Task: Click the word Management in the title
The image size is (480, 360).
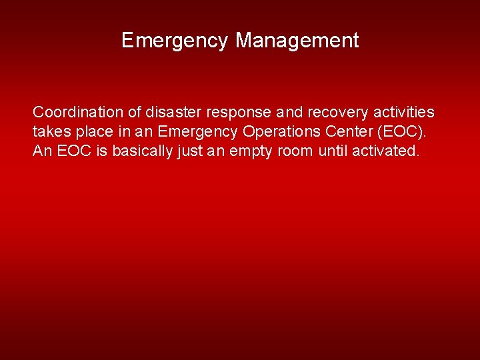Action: click(297, 41)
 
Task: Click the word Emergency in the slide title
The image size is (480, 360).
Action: click(175, 41)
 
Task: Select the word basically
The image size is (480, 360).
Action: click(143, 151)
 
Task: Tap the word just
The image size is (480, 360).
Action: click(190, 151)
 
